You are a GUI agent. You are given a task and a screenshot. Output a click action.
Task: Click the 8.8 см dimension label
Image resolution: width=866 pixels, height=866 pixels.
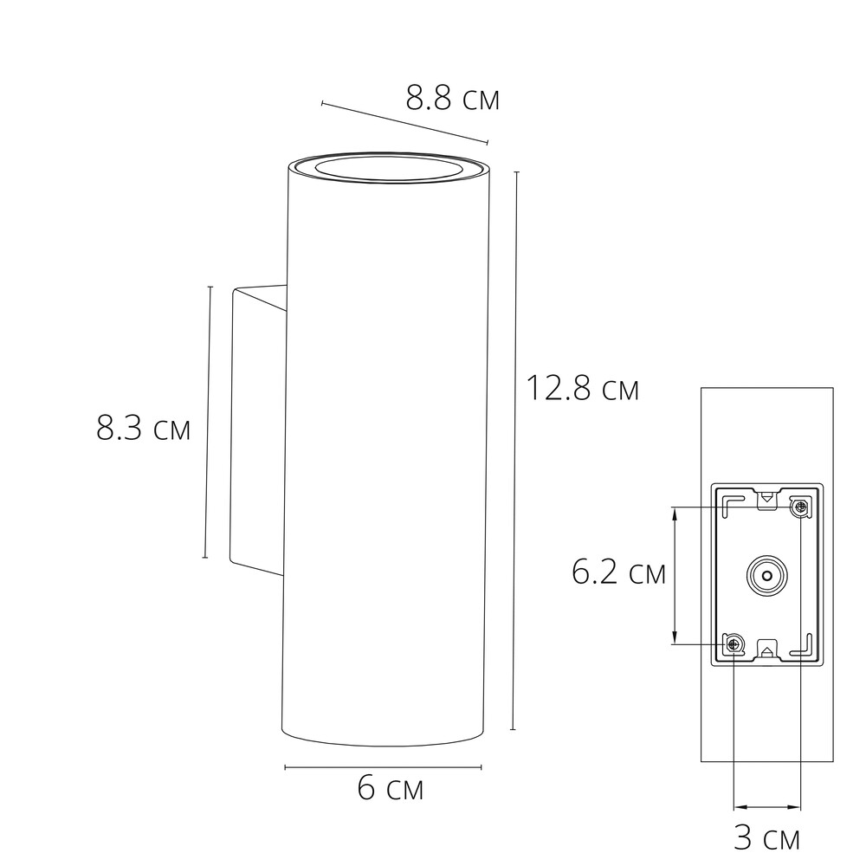tap(453, 99)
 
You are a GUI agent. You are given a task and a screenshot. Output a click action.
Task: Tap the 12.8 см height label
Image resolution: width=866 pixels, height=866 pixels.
tap(582, 389)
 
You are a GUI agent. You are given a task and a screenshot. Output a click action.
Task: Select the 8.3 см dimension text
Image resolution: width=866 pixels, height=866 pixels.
tap(143, 429)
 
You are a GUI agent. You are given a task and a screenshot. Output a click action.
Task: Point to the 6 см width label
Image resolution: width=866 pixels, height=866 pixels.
tap(390, 789)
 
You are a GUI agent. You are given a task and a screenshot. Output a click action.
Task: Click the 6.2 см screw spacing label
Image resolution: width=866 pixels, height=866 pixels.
tap(618, 572)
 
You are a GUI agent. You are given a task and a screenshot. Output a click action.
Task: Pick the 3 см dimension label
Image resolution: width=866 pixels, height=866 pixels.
tap(766, 838)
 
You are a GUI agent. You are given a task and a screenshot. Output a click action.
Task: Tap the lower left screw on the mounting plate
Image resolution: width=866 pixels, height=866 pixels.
tap(734, 643)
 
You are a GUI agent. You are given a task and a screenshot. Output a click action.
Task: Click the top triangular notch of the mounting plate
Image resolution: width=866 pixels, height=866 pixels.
tap(766, 499)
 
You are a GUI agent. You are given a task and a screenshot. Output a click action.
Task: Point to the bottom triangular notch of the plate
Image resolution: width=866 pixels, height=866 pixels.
tap(767, 649)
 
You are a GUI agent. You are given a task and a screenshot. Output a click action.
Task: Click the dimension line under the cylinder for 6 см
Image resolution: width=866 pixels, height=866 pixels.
tap(383, 767)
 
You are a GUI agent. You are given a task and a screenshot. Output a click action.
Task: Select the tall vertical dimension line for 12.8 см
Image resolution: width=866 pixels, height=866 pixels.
tap(515, 450)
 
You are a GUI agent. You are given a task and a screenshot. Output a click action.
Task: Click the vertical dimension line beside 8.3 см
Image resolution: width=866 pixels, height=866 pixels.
tap(208, 423)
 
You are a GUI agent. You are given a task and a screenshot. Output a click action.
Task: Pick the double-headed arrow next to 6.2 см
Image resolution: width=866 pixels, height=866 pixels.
tap(675, 575)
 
